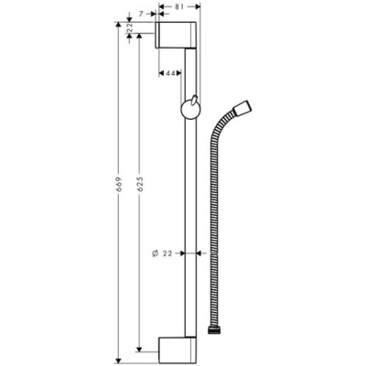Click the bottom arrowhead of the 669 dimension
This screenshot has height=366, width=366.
[x=121, y=360]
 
